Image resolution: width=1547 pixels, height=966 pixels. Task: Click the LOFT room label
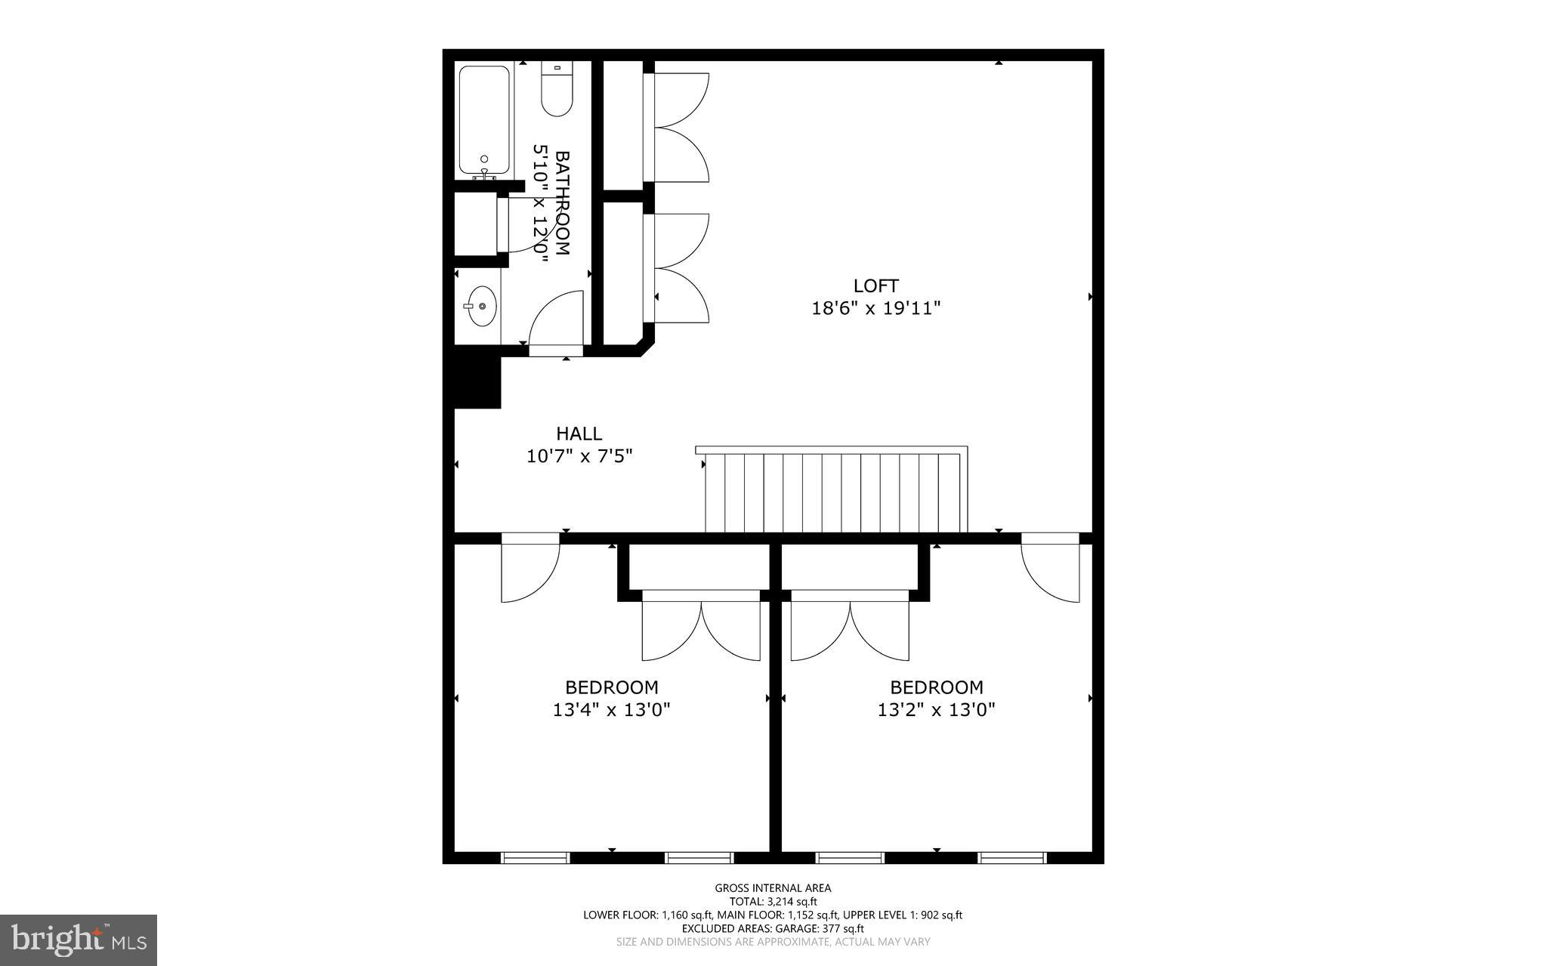pyautogui.click(x=875, y=285)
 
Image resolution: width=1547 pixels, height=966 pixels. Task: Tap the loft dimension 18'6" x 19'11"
pyautogui.click(x=875, y=308)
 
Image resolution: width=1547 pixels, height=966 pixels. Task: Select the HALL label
pyautogui.click(x=579, y=434)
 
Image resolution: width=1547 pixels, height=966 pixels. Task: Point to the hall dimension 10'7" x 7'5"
pyautogui.click(x=579, y=456)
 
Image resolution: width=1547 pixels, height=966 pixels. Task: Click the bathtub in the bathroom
pyautogui.click(x=484, y=121)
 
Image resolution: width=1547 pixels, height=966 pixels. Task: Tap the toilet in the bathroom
pyautogui.click(x=557, y=91)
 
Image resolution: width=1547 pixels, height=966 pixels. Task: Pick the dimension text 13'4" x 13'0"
pyautogui.click(x=611, y=710)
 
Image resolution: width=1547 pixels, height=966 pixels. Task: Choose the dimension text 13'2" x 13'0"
pyautogui.click(x=936, y=710)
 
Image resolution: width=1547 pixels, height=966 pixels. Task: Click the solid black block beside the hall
pyautogui.click(x=477, y=382)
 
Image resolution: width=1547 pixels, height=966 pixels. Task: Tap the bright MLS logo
pyautogui.click(x=78, y=940)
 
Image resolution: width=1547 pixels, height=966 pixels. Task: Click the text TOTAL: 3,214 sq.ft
pyautogui.click(x=773, y=901)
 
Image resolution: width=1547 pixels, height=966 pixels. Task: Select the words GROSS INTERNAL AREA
pyautogui.click(x=773, y=888)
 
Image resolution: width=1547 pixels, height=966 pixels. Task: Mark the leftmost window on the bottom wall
pyautogui.click(x=535, y=857)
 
